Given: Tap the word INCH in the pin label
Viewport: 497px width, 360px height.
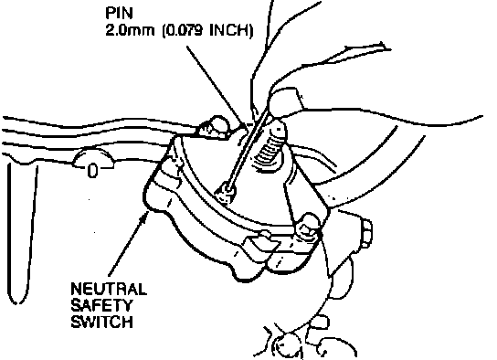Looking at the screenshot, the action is [x=230, y=31].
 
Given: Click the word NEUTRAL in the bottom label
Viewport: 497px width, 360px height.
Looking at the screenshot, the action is [x=109, y=289].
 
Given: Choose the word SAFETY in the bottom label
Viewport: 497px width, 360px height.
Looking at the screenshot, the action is [x=100, y=305].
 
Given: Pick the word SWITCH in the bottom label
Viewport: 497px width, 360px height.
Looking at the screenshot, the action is [x=101, y=322].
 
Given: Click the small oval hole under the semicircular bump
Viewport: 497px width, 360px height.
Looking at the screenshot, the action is [x=92, y=171].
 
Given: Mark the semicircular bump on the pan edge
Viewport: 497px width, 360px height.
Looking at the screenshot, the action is [x=93, y=157].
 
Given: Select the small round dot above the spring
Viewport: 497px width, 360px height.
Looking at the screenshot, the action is [x=279, y=130].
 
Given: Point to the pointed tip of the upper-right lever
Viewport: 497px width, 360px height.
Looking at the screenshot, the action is [x=389, y=48].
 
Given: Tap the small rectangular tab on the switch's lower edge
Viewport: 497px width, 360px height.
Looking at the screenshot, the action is [x=260, y=243].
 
